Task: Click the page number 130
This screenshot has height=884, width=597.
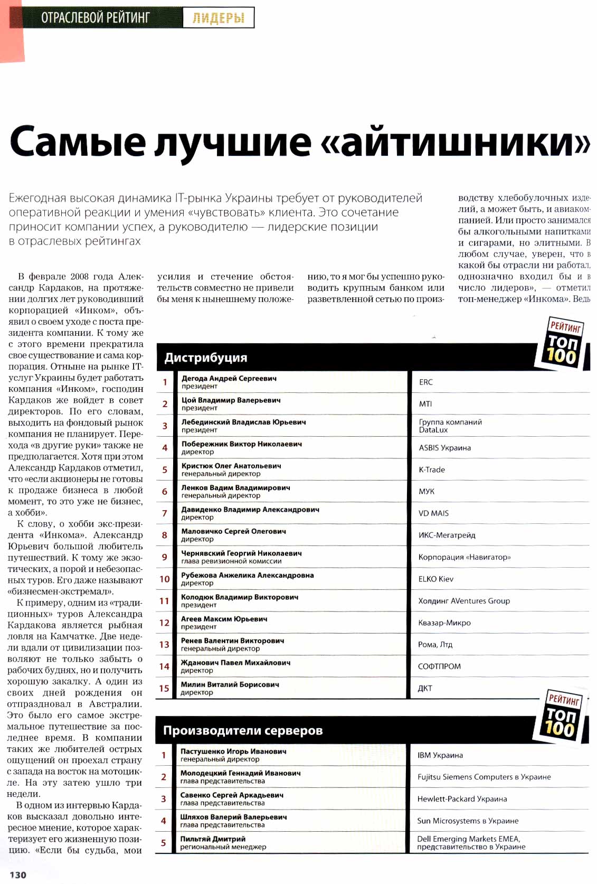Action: pos(18,874)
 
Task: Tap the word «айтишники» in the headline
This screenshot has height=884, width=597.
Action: pos(465,142)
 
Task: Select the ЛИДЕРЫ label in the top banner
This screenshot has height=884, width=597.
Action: pos(218,18)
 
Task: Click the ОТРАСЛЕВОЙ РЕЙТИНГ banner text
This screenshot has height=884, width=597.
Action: pos(96,18)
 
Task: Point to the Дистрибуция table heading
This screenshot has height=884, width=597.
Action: pos(206,358)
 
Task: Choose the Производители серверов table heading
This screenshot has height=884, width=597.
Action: pos(243,730)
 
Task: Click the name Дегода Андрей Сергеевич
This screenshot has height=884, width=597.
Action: pos(229,378)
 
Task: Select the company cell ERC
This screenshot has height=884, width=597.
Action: pos(426,382)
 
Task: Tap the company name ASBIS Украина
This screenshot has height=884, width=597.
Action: pos(445,448)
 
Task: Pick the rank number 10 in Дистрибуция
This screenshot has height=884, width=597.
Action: pos(164,579)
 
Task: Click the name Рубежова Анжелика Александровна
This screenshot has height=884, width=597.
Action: pos(247,575)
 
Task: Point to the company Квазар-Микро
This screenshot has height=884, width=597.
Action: pos(444,623)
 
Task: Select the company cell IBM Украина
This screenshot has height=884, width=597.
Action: pos(440,755)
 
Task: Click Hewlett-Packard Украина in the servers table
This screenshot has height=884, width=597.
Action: pos(462,798)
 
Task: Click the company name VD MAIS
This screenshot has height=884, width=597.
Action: pos(433,513)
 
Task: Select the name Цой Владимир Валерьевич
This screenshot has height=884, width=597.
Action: pos(231,400)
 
